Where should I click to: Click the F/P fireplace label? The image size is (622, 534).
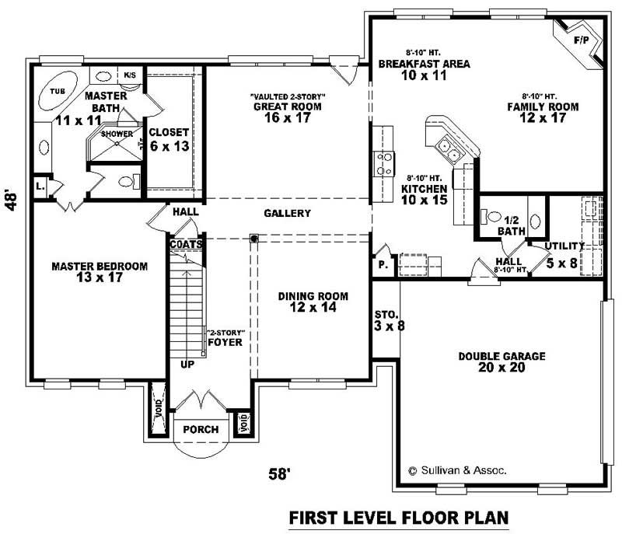(x=581, y=40)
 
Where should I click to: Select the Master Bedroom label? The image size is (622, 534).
(x=99, y=267)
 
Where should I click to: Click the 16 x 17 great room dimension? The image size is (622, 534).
(x=288, y=119)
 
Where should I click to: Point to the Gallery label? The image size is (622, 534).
(x=287, y=213)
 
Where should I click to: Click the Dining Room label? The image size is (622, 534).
(x=313, y=296)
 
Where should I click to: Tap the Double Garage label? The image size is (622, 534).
(x=501, y=356)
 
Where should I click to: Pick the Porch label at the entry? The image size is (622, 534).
(x=201, y=430)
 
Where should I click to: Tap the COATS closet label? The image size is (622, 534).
(x=187, y=244)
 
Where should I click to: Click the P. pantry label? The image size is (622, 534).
(x=383, y=264)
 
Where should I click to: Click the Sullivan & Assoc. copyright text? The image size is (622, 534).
(x=457, y=470)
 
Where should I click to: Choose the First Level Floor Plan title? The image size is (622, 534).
(x=398, y=516)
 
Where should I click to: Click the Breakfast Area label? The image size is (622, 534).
(x=424, y=64)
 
